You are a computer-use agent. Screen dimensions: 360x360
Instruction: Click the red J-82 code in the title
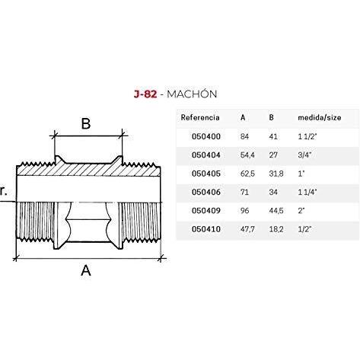[x=145, y=94]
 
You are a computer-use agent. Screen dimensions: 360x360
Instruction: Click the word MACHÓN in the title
[x=192, y=94]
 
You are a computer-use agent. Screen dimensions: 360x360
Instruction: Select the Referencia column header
[x=200, y=117]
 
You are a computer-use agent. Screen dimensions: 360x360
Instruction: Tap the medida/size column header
[x=320, y=117]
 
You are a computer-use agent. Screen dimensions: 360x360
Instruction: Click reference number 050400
[x=206, y=136]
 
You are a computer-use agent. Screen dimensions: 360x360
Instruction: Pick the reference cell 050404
[x=206, y=155]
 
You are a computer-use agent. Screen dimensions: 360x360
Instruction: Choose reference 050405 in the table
[x=206, y=174]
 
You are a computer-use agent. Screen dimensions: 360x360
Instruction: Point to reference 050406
[x=206, y=192]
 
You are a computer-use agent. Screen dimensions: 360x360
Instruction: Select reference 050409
[x=206, y=211]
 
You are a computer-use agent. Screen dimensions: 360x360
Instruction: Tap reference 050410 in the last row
[x=206, y=229]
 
